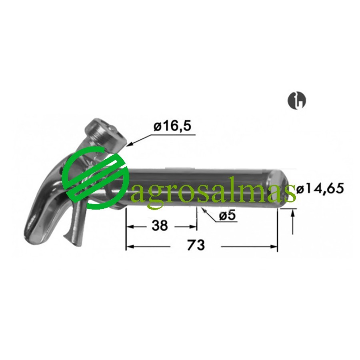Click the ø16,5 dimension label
(x=172, y=126)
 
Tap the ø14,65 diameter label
(x=320, y=189)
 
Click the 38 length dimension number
(x=160, y=226)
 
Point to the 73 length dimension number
(x=196, y=245)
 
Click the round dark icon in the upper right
(x=297, y=100)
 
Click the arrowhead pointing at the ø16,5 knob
(x=130, y=144)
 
